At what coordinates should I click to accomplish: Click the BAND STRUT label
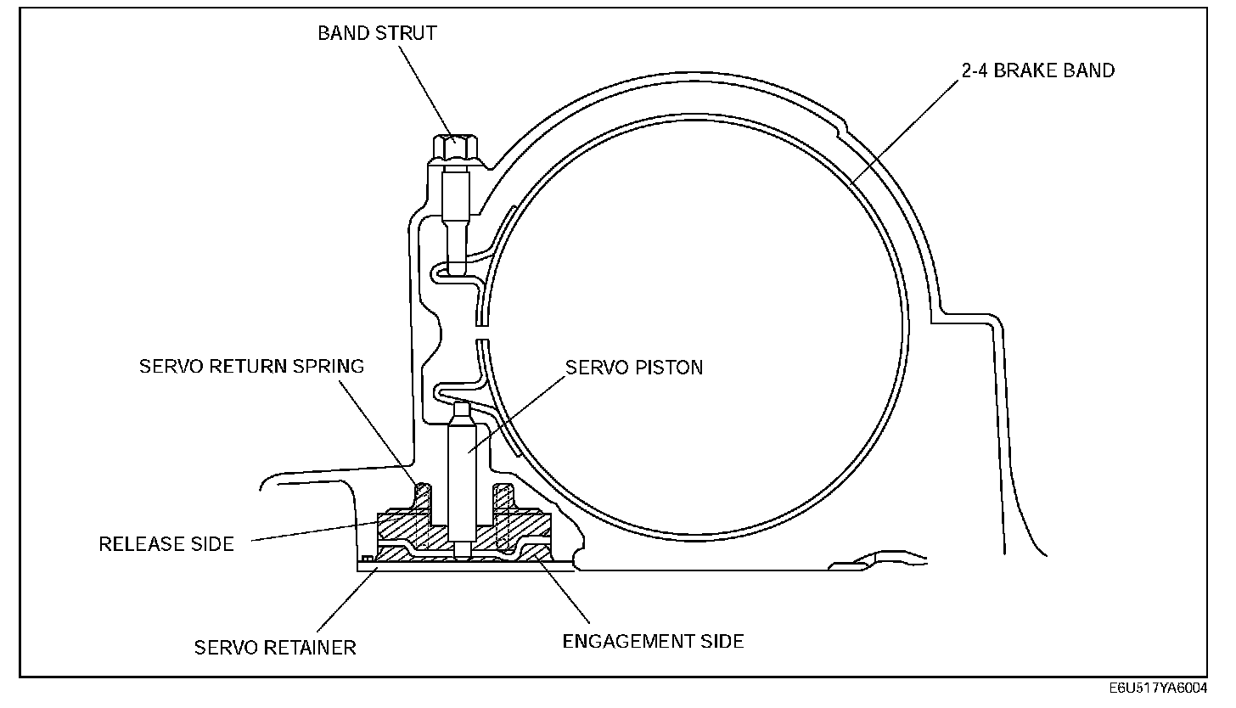pyautogui.click(x=377, y=33)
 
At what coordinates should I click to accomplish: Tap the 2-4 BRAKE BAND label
pyautogui.click(x=1037, y=70)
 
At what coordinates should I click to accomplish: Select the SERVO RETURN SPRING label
pyautogui.click(x=251, y=367)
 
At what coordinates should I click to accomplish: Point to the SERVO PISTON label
pyautogui.click(x=634, y=368)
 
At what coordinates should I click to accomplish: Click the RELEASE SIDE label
pyautogui.click(x=166, y=543)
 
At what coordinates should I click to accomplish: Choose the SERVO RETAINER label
pyautogui.click(x=275, y=648)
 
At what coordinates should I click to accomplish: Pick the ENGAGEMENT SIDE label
pyautogui.click(x=653, y=641)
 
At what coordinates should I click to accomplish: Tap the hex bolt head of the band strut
pyautogui.click(x=455, y=149)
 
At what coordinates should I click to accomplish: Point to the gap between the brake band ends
pyautogui.click(x=481, y=333)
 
